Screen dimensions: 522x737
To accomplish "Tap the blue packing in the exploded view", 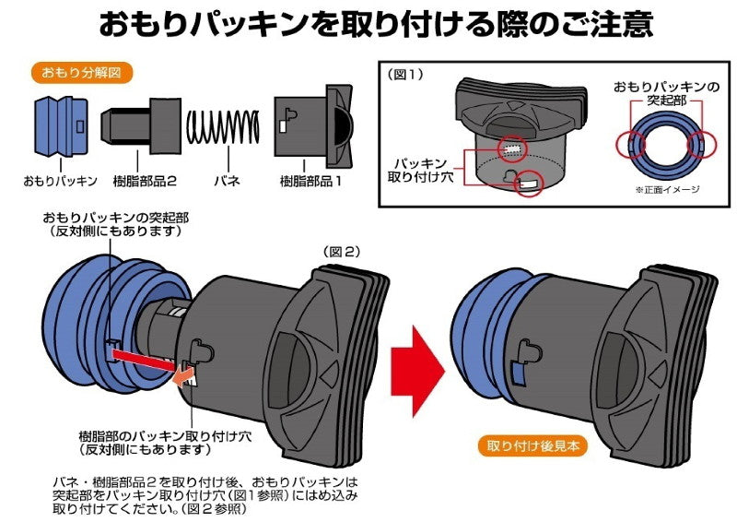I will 60,125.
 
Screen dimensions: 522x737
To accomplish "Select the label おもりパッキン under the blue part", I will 60,181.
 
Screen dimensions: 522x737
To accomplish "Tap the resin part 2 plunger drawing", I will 141,124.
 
